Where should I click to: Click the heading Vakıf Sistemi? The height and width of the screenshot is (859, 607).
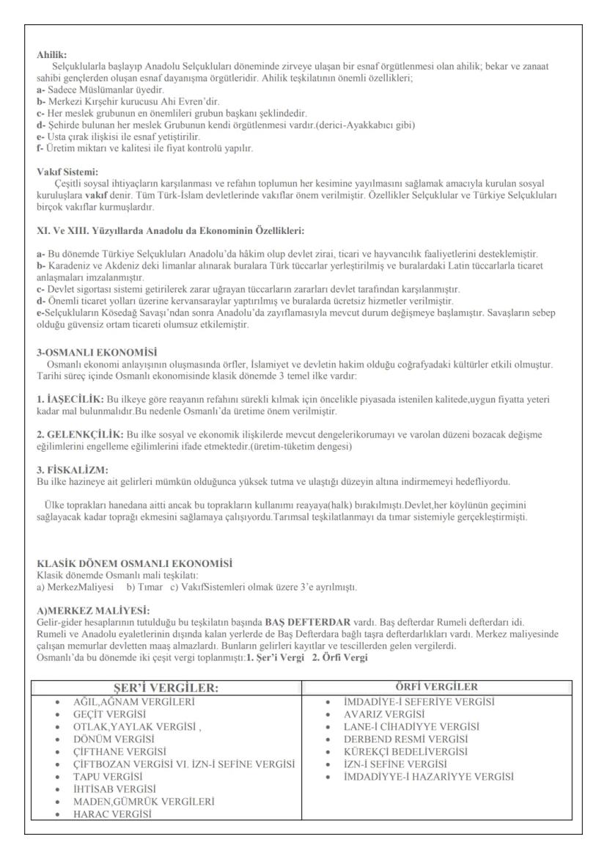(x=67, y=172)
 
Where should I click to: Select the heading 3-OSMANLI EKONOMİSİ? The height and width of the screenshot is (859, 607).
(x=96, y=352)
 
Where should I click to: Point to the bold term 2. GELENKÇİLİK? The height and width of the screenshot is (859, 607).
(x=80, y=434)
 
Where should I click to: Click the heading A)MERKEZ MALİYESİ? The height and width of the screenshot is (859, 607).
(x=93, y=610)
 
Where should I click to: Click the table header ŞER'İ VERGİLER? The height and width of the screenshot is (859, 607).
(x=166, y=688)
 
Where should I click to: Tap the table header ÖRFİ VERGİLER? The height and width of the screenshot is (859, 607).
(x=437, y=687)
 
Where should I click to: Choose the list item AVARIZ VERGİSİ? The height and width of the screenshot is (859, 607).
(x=385, y=714)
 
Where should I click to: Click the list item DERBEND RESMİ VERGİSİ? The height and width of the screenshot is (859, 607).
(x=405, y=739)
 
